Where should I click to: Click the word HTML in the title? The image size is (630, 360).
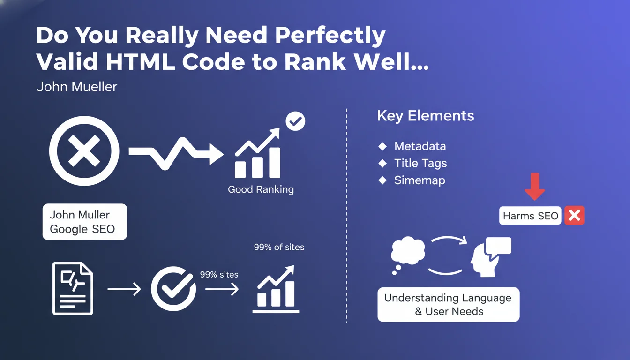click(140, 62)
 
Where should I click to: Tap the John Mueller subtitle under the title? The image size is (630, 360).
click(77, 87)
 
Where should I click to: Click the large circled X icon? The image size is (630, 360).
click(84, 151)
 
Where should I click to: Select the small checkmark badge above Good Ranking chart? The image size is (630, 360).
click(295, 121)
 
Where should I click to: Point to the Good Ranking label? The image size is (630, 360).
click(261, 189)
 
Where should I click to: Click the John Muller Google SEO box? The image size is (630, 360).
click(85, 222)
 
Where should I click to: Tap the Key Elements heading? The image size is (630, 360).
click(426, 116)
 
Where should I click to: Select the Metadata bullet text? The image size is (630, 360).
click(420, 146)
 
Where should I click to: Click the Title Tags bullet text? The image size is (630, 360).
click(420, 164)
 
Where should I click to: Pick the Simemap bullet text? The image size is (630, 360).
click(420, 180)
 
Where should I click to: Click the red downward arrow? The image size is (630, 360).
click(535, 187)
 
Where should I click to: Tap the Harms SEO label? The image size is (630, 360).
click(530, 216)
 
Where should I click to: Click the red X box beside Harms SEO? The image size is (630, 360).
click(574, 216)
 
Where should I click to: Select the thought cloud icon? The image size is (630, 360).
click(407, 253)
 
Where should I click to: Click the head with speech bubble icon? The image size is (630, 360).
click(491, 256)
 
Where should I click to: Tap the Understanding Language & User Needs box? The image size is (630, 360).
click(448, 304)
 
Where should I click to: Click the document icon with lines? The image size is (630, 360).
click(73, 288)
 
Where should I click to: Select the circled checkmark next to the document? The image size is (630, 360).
click(173, 289)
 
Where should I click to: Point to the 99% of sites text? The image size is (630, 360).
click(279, 247)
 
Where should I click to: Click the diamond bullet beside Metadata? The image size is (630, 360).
click(382, 146)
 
